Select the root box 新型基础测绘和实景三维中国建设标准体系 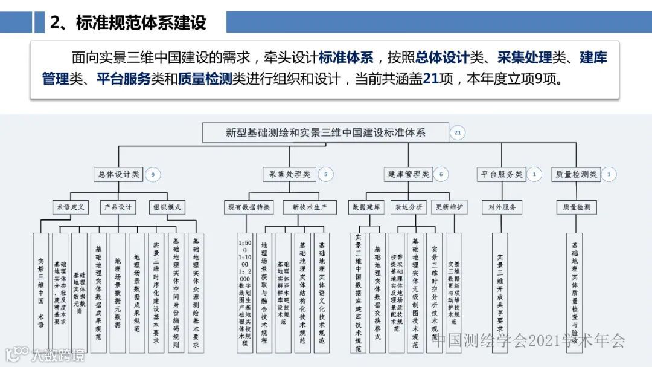325,132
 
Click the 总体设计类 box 118,174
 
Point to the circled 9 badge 153,175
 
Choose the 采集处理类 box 290,174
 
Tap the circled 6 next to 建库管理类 441,175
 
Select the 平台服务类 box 501,174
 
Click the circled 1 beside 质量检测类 609,175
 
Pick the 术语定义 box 70,207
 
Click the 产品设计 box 118,207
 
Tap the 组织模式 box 167,207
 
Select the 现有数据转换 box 249,207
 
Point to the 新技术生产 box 310,207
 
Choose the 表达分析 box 409,207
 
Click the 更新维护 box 450,207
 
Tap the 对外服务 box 501,207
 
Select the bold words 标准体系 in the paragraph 346,58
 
